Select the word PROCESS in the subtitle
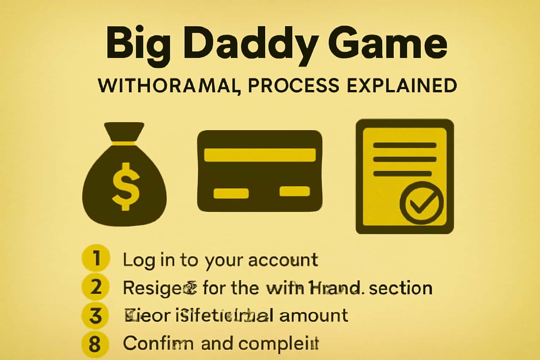click(294, 85)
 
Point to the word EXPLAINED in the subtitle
click(402, 85)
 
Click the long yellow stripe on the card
click(259, 155)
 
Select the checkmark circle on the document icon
click(421, 203)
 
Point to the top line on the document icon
click(404, 146)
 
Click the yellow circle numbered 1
click(96, 258)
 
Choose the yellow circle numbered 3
click(96, 315)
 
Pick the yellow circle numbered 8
click(95, 344)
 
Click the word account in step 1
click(283, 260)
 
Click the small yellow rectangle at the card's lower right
click(295, 192)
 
